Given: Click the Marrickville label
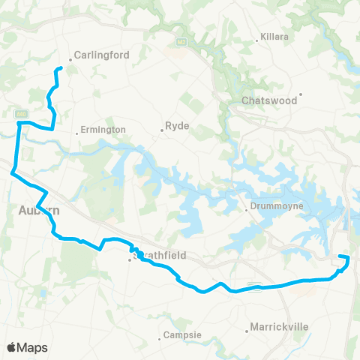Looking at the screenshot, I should tap(278, 328).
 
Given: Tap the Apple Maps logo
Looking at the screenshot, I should tap(27, 347).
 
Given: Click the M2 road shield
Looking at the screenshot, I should tap(181, 42).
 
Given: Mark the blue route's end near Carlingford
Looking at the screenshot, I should tap(59, 69).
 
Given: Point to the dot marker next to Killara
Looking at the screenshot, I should tap(257, 36).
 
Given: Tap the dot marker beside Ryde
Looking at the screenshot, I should tap(162, 131).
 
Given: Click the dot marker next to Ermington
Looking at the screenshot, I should tap(79, 134).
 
